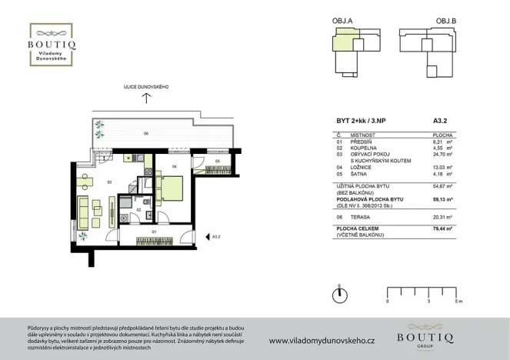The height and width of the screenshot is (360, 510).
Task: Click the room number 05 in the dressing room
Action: click(218, 162)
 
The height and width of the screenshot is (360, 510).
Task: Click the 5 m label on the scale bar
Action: click(458, 302)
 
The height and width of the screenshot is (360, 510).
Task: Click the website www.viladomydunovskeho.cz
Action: click(321, 340)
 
